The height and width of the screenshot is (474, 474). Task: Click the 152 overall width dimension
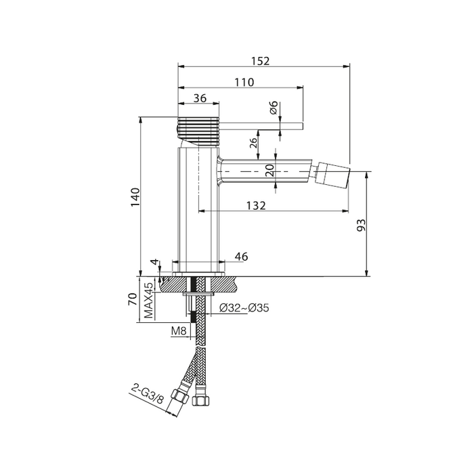[x=260, y=61]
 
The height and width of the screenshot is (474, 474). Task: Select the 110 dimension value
[x=244, y=82]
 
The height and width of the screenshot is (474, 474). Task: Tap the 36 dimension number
[x=200, y=98]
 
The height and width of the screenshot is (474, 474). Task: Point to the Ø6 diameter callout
[x=274, y=107]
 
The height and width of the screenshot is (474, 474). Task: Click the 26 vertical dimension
[x=253, y=142]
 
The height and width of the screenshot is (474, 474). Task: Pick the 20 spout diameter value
[x=270, y=170]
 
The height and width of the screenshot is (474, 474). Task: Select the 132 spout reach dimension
[x=256, y=206]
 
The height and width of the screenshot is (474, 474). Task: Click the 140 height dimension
[x=135, y=197]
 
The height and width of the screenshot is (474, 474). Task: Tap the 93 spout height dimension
[x=361, y=225]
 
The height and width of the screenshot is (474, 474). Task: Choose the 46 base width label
[x=241, y=257]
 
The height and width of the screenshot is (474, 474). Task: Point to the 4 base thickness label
[x=155, y=262]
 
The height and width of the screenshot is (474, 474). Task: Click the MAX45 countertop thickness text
[x=149, y=301]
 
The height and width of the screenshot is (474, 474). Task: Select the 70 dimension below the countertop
[x=133, y=299]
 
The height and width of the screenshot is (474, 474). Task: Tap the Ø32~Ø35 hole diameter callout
[x=244, y=308]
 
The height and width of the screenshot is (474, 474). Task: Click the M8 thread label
[x=179, y=330]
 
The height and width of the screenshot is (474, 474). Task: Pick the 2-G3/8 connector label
[x=147, y=394]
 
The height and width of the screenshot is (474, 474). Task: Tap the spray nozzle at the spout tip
[x=333, y=175]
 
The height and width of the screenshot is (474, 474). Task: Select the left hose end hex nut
[x=179, y=395]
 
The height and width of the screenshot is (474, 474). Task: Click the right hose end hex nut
[x=200, y=400]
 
